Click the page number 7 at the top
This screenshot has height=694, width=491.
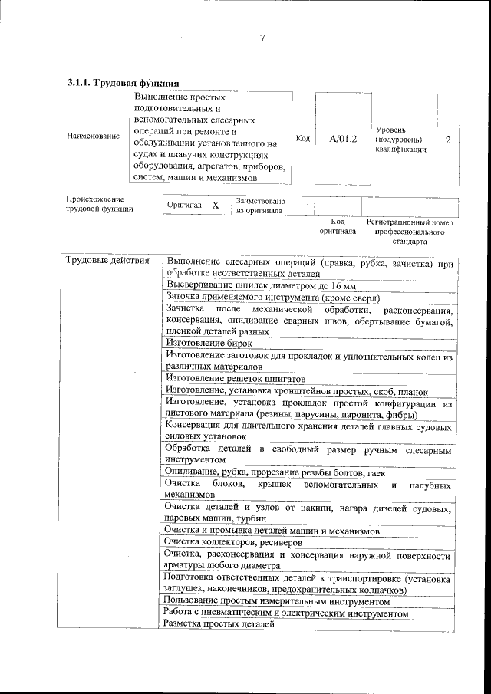pyautogui.click(x=262, y=38)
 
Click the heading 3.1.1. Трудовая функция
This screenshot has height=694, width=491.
pyautogui.click(x=124, y=82)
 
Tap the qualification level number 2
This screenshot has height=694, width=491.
pyautogui.click(x=448, y=140)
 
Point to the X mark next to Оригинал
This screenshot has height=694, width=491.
pyautogui.click(x=216, y=206)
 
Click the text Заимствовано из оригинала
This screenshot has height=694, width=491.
pyautogui.click(x=260, y=205)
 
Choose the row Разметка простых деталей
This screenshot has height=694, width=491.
pyautogui.click(x=219, y=624)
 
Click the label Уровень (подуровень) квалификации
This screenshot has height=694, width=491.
pyautogui.click(x=397, y=140)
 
